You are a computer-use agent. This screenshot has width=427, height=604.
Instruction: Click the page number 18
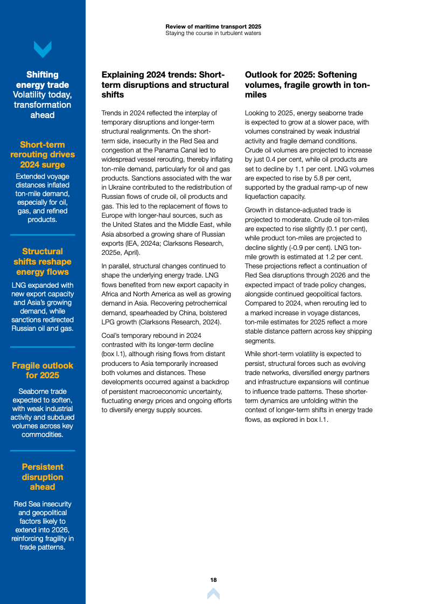[x=213, y=580]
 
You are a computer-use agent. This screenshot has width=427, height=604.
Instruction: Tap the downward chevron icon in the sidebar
[x=43, y=50]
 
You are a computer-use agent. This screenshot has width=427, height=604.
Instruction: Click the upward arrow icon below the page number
[x=213, y=594]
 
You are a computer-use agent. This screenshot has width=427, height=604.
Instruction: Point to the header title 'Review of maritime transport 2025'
[x=213, y=26]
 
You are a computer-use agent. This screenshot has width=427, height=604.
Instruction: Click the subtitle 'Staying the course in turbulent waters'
[x=213, y=33]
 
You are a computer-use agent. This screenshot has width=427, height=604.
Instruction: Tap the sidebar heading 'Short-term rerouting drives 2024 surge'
[x=43, y=155]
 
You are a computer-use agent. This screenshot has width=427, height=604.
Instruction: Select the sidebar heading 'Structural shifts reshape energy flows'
[x=43, y=261]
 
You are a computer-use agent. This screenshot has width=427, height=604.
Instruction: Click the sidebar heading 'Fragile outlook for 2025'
[x=43, y=370]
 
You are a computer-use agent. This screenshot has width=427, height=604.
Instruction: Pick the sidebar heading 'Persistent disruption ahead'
[x=43, y=477]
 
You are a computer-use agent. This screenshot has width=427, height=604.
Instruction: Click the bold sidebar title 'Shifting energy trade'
[x=43, y=80]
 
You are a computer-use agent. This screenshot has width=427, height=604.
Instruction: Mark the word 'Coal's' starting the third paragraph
[x=111, y=335]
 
